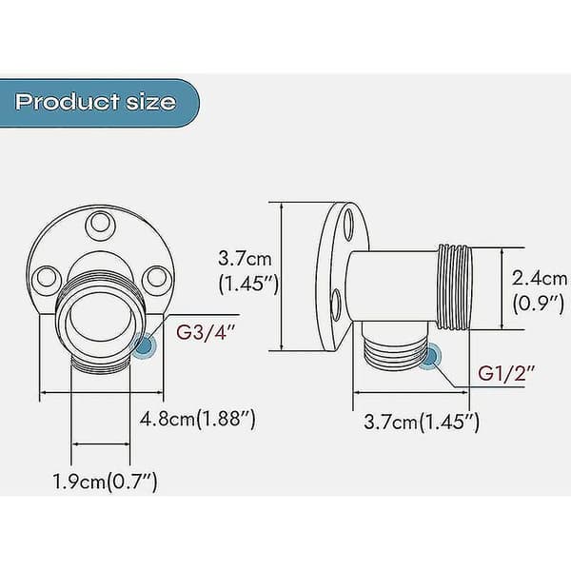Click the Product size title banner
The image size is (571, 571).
pos(99,103)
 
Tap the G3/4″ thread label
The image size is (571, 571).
pos(206,332)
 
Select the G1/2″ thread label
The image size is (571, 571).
pos(506,373)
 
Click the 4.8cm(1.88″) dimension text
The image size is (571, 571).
pos(198,419)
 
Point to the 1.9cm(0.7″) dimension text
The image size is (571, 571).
pos(106,482)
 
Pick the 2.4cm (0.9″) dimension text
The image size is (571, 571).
pos(540,290)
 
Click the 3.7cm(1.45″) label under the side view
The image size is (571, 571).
pos(422,422)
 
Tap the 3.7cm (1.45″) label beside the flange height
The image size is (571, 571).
pos(248,270)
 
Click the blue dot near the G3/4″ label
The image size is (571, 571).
pos(145,345)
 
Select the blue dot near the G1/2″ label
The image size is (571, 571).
pos(430,357)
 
